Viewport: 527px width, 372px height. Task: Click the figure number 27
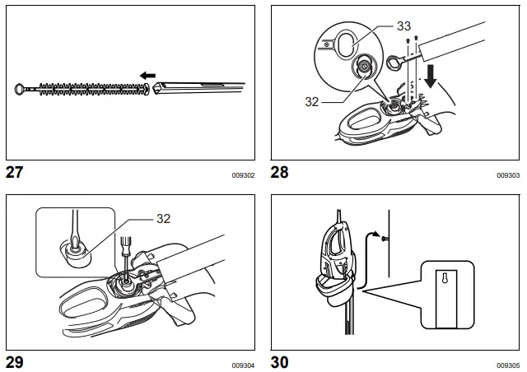point(16,173)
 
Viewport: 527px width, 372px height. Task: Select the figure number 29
point(16,362)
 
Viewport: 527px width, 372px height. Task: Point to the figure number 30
point(282,362)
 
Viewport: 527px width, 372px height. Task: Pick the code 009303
point(508,175)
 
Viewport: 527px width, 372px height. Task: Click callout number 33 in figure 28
point(403,26)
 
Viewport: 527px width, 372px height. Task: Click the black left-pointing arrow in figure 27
point(147,76)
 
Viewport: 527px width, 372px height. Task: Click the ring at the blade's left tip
point(20,86)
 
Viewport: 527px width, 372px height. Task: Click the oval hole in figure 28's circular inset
point(349,42)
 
